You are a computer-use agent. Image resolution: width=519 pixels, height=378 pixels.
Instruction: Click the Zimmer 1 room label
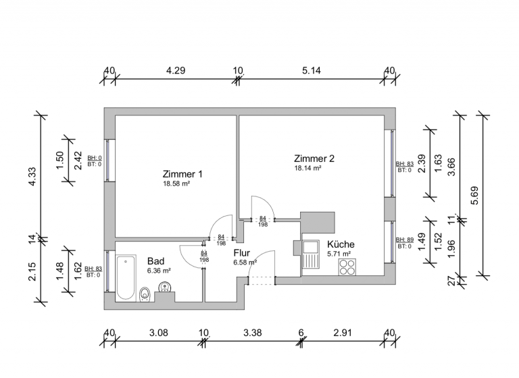coord(182,173)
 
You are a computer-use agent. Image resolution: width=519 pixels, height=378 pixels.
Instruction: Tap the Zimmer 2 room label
coord(314,159)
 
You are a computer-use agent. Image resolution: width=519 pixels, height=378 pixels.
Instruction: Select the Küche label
coord(341,244)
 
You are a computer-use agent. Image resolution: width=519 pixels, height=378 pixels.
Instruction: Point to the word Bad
coord(155,261)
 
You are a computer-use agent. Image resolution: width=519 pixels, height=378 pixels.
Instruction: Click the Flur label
coord(242,252)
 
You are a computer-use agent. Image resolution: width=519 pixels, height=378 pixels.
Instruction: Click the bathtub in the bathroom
coord(126,277)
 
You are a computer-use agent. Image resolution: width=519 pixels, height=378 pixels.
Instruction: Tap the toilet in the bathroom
coord(145,294)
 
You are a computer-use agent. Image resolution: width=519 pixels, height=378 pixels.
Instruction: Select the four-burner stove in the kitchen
coord(347,267)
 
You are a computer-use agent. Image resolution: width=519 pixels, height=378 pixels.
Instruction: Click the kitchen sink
coord(311,256)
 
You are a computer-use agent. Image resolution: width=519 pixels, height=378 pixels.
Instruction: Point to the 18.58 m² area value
coord(176,184)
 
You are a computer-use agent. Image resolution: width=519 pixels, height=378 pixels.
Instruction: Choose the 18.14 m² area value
coord(307,168)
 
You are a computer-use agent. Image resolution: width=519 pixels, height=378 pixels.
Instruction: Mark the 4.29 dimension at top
coord(176,70)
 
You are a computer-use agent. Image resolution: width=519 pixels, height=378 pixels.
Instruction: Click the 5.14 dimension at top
coord(312,70)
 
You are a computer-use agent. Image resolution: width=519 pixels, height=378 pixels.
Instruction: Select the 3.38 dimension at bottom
coord(252,332)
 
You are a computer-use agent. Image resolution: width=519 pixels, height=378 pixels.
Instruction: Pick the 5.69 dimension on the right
coord(475,194)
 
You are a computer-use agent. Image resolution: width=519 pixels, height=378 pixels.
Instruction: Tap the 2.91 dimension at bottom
coord(345,332)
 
